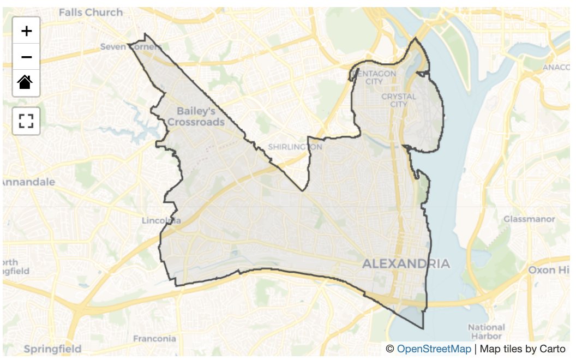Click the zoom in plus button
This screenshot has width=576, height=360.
tap(26, 31)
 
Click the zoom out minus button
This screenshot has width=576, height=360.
tap(26, 57)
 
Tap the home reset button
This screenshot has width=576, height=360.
tap(26, 83)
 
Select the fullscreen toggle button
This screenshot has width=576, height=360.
tap(26, 121)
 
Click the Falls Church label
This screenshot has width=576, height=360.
tap(91, 12)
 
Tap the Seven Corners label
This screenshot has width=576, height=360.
tap(131, 47)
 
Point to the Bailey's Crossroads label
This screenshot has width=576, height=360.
tap(195, 117)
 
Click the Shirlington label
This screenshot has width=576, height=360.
tap(295, 147)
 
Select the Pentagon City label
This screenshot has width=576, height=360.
tap(374, 77)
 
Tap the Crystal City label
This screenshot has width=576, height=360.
tap(399, 100)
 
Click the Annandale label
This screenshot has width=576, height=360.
tap(28, 182)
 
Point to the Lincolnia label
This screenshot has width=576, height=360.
tap(161, 221)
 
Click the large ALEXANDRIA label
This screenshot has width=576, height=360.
tap(406, 264)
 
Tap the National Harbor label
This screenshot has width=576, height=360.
tap(486, 332)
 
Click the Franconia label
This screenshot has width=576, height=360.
tap(154, 338)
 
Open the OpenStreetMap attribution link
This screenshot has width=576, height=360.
tap(433, 349)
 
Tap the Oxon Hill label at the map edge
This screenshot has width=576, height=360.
tap(549, 270)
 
